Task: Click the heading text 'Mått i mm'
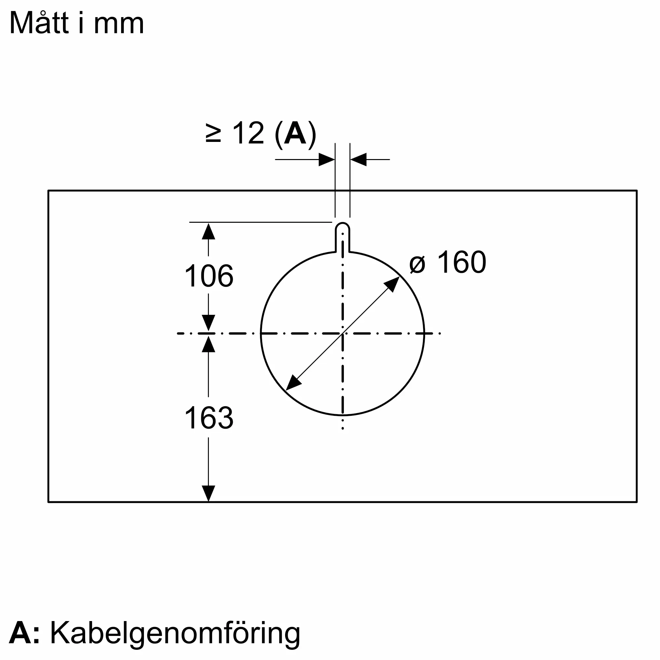pos(77,23)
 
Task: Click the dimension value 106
pos(209,276)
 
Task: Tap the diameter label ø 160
pos(447,262)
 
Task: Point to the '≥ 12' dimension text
pos(236,133)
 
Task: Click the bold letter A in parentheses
pos(295,133)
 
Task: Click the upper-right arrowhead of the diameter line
pos(393,283)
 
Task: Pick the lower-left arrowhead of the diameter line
pos(292,384)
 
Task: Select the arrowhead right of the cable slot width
pos(358,159)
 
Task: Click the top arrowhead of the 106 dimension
pos(208,231)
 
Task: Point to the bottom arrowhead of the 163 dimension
pos(208,493)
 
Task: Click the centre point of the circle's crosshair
pos(343,333)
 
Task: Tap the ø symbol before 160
pos(417,264)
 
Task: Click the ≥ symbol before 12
pos(214,134)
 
